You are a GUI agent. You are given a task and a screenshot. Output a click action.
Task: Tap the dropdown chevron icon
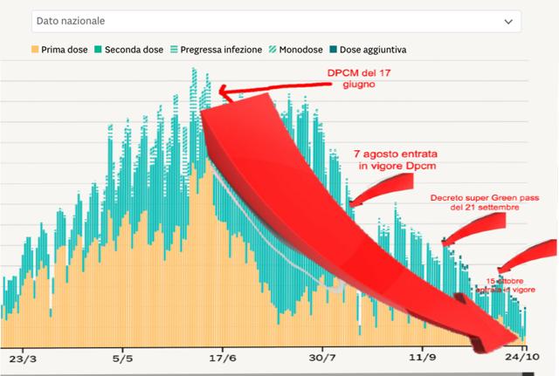pos(508,21)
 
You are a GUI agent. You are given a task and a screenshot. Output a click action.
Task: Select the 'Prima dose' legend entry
pos(61,51)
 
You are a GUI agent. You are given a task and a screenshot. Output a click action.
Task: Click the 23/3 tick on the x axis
pos(22,358)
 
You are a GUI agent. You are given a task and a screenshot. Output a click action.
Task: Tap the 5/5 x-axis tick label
pos(122,358)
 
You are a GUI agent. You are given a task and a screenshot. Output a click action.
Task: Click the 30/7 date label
pos(322,358)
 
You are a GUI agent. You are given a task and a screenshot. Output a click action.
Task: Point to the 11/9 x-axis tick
pos(423,358)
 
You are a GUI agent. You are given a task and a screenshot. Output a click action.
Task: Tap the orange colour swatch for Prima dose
pos(35,51)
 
